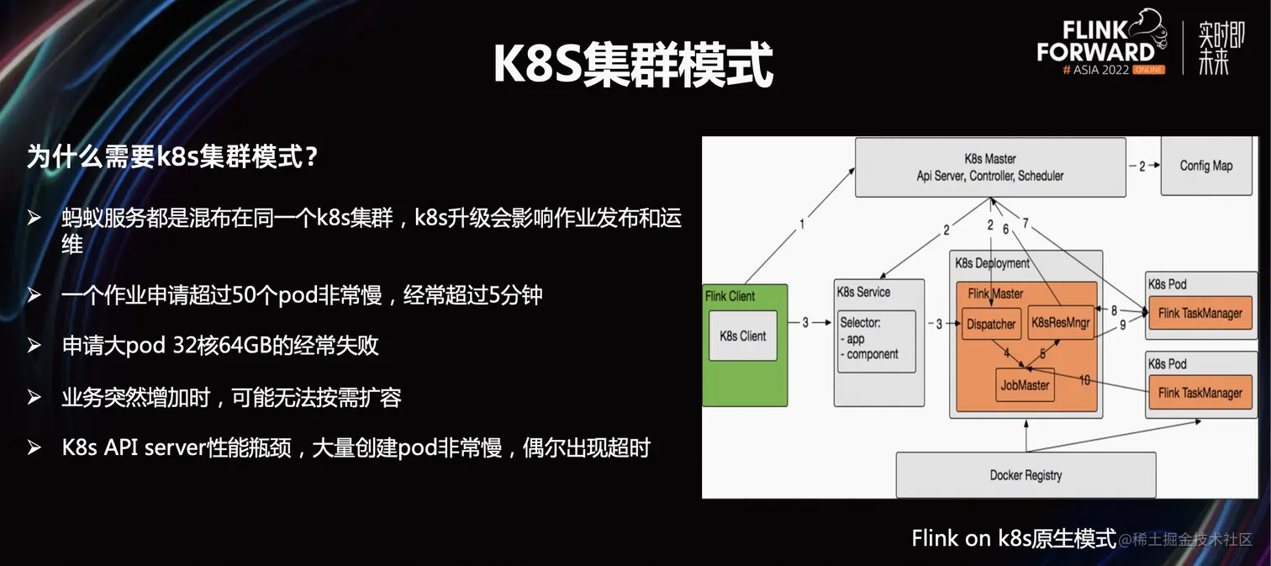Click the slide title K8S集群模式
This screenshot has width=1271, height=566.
click(632, 65)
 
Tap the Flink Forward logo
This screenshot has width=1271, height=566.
click(1097, 44)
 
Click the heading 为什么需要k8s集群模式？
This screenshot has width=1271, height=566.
click(172, 156)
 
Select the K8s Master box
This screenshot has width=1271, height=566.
click(989, 167)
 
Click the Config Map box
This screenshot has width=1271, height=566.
click(1205, 166)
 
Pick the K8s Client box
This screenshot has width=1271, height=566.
click(742, 336)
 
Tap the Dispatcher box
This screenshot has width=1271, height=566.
click(991, 324)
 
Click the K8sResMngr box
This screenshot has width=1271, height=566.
click(1062, 323)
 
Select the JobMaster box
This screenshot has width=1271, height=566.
click(1025, 385)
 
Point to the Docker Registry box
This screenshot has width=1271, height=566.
click(1025, 475)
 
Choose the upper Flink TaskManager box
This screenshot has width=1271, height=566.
click(1200, 314)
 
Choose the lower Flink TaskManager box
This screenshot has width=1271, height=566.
click(1200, 393)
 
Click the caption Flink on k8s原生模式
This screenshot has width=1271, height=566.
click(1013, 538)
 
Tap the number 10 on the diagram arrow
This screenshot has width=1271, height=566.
click(1084, 381)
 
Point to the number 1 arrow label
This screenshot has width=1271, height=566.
click(802, 225)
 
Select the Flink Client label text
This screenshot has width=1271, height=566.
click(730, 296)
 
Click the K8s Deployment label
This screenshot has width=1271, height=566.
click(992, 263)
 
